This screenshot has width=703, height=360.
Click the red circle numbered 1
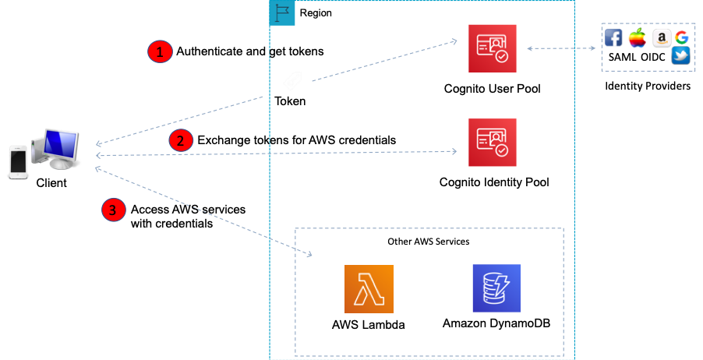point(160,52)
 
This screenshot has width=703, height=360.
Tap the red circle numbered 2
point(181,140)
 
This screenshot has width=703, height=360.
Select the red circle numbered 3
point(114,210)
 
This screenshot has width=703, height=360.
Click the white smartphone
point(18,161)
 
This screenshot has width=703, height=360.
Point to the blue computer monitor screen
point(62,143)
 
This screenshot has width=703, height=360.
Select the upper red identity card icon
point(493,48)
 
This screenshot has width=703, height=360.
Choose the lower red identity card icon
point(493,143)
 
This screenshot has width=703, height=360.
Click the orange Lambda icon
point(369,289)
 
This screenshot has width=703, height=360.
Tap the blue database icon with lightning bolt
point(496,288)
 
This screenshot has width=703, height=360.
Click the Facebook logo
point(613,38)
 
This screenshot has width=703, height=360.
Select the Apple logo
point(638,38)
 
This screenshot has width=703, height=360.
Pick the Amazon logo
point(662,38)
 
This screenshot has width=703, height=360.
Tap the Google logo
point(682,37)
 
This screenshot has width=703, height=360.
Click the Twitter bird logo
point(681,56)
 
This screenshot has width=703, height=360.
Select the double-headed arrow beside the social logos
point(561,48)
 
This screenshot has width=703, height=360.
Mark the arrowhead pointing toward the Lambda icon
point(309,255)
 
